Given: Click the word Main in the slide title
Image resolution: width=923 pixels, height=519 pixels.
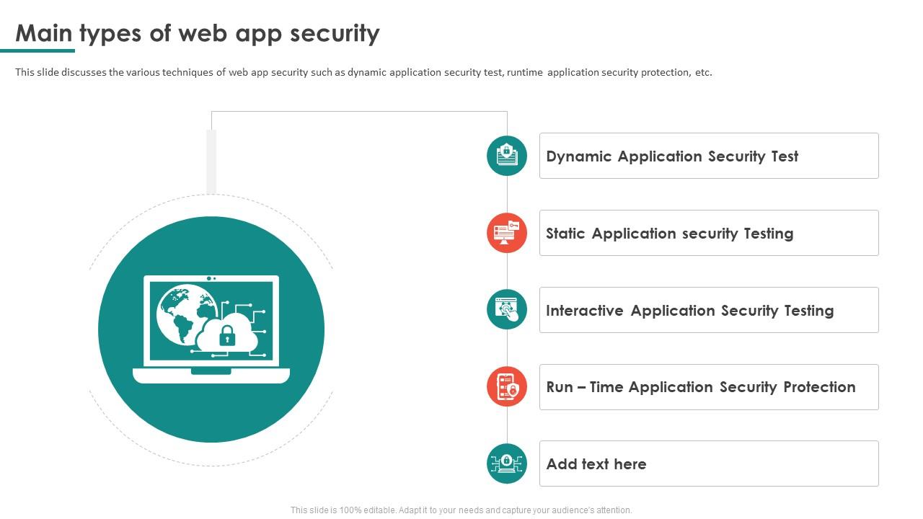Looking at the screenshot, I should pyautogui.click(x=44, y=33).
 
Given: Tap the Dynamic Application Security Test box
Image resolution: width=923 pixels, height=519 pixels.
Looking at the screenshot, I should pyautogui.click(x=708, y=156).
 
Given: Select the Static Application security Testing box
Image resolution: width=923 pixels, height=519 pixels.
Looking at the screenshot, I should pyautogui.click(x=708, y=233).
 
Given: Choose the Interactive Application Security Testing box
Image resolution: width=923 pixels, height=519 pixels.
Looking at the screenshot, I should pyautogui.click(x=708, y=310).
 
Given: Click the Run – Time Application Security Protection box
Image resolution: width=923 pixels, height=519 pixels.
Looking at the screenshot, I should pyautogui.click(x=708, y=387).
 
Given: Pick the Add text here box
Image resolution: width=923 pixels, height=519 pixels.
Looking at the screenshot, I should pyautogui.click(x=708, y=463).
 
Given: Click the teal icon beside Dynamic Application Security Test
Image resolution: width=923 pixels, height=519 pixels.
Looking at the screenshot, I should pyautogui.click(x=507, y=156).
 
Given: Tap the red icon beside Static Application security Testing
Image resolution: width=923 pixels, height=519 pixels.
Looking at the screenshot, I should pyautogui.click(x=507, y=233).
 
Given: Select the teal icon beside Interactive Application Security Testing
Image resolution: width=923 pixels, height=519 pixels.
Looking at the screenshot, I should pyautogui.click(x=507, y=310).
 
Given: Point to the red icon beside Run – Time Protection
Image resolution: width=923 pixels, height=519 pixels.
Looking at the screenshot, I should pyautogui.click(x=507, y=387).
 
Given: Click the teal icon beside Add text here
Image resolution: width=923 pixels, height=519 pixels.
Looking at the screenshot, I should pyautogui.click(x=507, y=463).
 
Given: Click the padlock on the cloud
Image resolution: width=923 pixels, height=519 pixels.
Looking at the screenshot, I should pyautogui.click(x=227, y=335).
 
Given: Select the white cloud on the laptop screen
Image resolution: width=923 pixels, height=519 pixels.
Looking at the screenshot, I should pyautogui.click(x=242, y=328).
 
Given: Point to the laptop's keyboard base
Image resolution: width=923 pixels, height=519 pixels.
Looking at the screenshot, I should pyautogui.click(x=211, y=376).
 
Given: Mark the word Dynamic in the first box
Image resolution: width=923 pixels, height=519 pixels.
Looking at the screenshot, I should pyautogui.click(x=579, y=156).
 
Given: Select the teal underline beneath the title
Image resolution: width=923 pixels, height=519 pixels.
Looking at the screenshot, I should pyautogui.click(x=37, y=50).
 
